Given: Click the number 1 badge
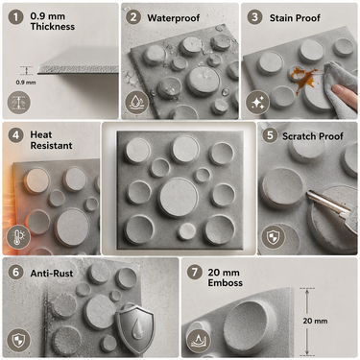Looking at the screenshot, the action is (15, 17).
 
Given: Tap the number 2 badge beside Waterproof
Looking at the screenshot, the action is (133, 17).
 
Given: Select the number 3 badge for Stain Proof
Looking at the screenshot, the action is (254, 17).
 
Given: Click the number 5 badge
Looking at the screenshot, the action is (270, 135).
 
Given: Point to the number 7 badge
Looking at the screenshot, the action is (195, 273).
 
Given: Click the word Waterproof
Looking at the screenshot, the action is (174, 18).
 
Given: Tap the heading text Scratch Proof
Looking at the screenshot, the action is (313, 136).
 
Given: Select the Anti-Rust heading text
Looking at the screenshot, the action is (52, 274).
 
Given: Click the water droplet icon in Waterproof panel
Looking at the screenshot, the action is (136, 103).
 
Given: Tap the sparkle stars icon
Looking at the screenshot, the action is (257, 103).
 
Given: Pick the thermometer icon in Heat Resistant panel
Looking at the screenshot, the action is (18, 237).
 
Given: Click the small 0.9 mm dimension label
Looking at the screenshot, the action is (26, 83).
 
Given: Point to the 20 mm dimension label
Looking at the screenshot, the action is (315, 321).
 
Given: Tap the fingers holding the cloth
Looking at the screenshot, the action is (345, 95).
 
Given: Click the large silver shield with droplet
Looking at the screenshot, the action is (135, 328).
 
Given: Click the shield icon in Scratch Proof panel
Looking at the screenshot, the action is (274, 237).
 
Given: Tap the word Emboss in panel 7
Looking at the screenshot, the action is (226, 283).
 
